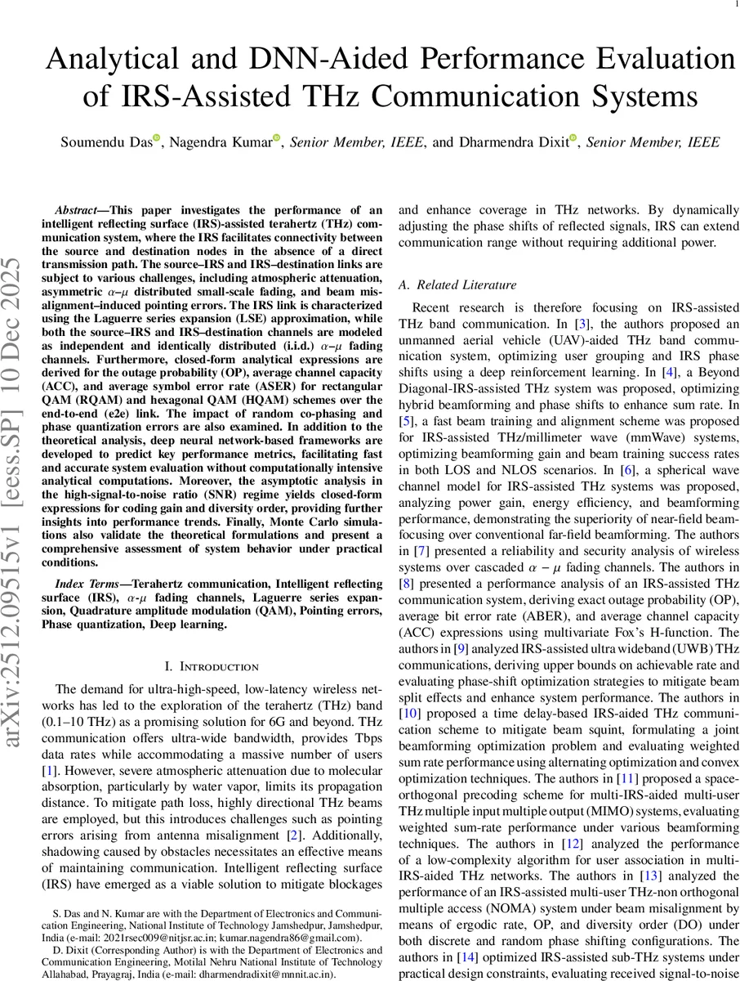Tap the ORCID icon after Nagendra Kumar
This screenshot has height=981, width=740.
277,138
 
